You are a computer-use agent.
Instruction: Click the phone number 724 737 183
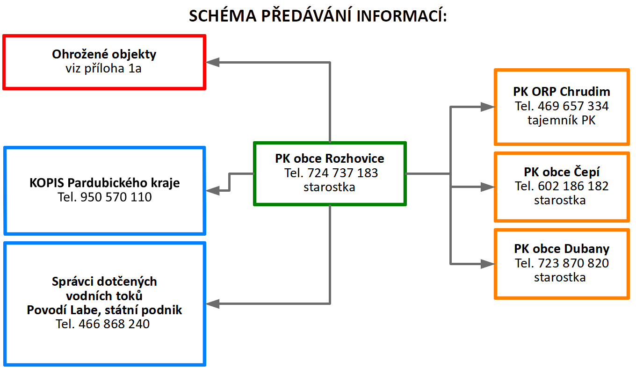tap(342, 173)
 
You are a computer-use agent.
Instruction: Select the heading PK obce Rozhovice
tap(330, 159)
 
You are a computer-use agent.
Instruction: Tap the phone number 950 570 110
tap(116, 197)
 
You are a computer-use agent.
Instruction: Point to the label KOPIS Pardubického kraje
tap(104, 183)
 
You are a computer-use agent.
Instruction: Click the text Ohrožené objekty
tap(104, 54)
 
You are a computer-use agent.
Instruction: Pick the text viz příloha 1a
tap(103, 68)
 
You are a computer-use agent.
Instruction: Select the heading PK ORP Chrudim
tap(562, 92)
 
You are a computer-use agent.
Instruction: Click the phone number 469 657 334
tap(573, 106)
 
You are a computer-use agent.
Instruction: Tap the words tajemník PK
tap(561, 120)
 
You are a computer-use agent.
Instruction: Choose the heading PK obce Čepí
tap(562, 172)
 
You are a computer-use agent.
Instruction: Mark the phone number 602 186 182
tap(573, 186)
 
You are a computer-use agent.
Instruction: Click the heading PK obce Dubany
tap(562, 249)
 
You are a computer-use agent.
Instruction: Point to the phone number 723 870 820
tap(573, 263)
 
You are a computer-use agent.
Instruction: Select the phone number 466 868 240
tap(114, 324)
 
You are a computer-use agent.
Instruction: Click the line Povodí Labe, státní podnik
tap(104, 310)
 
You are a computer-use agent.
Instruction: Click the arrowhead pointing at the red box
tap(212, 62)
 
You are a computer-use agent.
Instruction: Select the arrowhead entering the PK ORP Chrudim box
tap(487, 107)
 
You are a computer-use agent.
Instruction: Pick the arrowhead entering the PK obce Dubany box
tap(487, 264)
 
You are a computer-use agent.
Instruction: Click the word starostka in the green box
tap(329, 187)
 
